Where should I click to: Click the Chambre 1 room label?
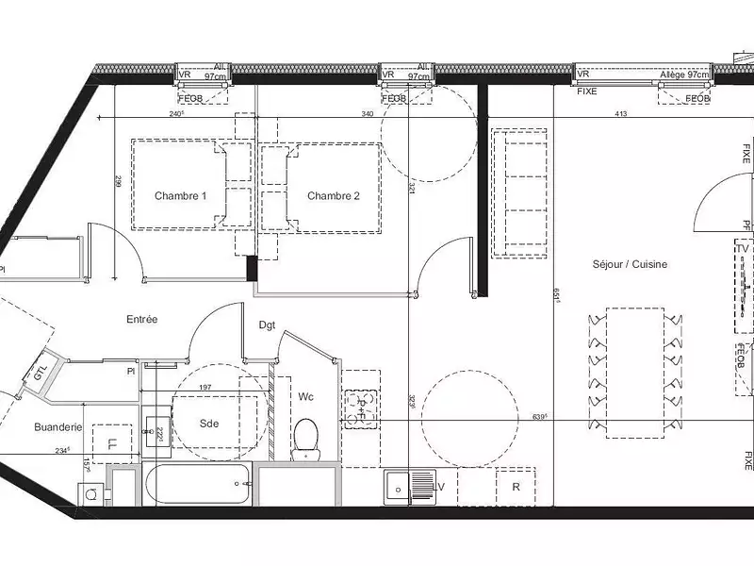click(180, 196)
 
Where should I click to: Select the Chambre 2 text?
click(334, 196)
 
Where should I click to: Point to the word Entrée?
click(142, 320)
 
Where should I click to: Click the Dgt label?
click(267, 325)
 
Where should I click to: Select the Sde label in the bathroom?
click(209, 424)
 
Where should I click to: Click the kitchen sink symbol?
click(406, 487)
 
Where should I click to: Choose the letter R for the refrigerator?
click(516, 488)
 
